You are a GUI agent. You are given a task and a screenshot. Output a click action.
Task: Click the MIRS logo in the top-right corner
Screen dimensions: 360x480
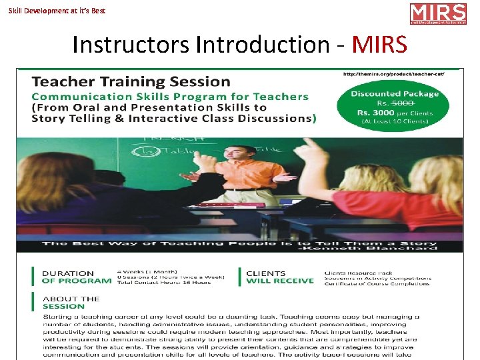[437, 13]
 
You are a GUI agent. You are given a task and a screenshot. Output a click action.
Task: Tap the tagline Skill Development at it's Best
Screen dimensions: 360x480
[57, 11]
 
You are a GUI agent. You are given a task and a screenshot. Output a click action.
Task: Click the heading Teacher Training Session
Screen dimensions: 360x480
[131, 82]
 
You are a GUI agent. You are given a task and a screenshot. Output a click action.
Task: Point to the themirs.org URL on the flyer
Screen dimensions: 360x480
[403, 74]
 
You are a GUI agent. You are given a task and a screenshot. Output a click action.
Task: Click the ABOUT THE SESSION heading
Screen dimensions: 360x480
[70, 303]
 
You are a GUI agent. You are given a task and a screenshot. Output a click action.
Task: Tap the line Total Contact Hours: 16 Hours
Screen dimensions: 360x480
[163, 283]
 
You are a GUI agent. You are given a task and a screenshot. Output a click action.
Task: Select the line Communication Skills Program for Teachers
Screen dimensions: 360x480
[170, 97]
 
